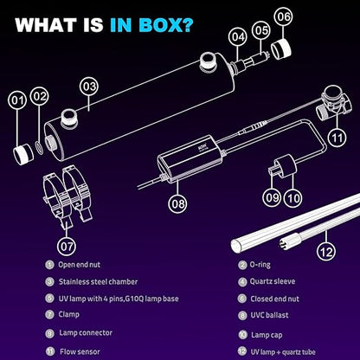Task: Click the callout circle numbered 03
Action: (89, 87)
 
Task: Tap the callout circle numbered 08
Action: (177, 203)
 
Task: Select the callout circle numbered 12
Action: (326, 252)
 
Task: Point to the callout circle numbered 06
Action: (283, 16)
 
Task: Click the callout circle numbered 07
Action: (67, 246)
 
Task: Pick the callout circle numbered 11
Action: (337, 138)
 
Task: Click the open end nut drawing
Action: (23, 154)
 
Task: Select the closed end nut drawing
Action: (281, 49)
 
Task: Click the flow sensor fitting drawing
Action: (334, 103)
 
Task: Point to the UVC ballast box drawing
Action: (190, 158)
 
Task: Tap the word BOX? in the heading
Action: (165, 25)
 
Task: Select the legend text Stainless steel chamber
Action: (98, 282)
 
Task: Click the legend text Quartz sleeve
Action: (273, 281)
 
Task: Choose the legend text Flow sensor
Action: (80, 352)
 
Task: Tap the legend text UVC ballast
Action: (269, 315)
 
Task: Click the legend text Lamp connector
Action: (86, 332)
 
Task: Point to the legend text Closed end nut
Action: (275, 299)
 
